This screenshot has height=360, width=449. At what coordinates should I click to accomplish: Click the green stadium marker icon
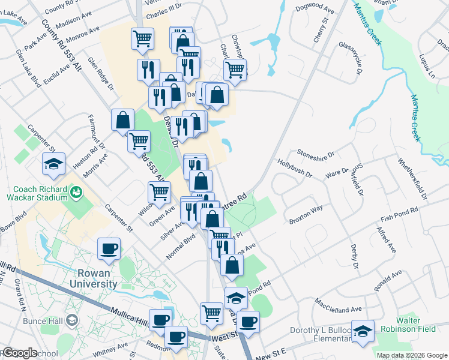(x=76, y=192)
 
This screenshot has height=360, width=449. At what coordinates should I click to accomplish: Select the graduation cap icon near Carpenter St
(x=53, y=164)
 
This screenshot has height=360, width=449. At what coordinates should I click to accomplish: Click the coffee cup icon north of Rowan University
(x=109, y=248)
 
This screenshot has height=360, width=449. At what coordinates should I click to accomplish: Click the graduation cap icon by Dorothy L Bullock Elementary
(x=363, y=332)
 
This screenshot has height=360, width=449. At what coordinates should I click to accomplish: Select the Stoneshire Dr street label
(x=315, y=152)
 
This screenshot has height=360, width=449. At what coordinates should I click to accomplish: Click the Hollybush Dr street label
(x=294, y=167)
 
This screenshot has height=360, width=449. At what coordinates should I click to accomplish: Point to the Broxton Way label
(x=306, y=215)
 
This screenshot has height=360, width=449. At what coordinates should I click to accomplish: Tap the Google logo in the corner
(x=19, y=353)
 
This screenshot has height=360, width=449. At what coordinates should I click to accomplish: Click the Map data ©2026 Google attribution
(x=411, y=355)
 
